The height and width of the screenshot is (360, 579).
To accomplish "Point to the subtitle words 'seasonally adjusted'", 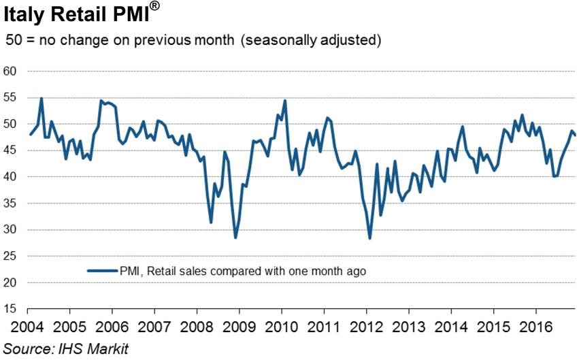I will tap(312, 40).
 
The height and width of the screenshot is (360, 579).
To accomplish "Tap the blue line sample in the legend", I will tap(102, 271).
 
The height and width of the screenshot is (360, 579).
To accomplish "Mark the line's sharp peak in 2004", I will tap(42, 98).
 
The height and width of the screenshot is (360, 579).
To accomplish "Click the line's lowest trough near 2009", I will tap(235, 238).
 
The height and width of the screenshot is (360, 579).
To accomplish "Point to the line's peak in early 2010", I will tap(284, 101).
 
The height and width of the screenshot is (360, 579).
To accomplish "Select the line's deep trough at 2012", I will tap(369, 238).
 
